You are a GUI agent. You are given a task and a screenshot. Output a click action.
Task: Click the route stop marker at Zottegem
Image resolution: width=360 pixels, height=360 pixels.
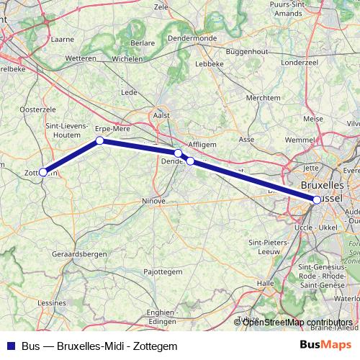tap(43, 172)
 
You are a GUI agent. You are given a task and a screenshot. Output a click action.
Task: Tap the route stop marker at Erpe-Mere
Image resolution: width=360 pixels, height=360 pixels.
tap(100, 141)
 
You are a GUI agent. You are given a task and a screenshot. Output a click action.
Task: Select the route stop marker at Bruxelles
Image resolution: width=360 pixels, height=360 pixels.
tap(317, 199)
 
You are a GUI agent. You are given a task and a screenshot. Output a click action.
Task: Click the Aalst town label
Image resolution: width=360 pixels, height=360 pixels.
tap(162, 114)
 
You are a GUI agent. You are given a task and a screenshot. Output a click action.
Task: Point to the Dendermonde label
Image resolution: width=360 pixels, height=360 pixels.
tap(192, 38)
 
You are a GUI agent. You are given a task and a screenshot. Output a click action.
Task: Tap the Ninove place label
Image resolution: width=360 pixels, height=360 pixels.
tap(154, 201)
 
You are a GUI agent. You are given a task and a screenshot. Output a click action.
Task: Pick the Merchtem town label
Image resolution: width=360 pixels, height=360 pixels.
tap(263, 97)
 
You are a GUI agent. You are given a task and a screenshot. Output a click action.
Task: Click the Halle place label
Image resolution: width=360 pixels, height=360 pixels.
tap(265, 284)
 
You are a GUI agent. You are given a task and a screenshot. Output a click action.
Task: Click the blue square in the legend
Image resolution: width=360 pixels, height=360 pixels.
tap(10, 346)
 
